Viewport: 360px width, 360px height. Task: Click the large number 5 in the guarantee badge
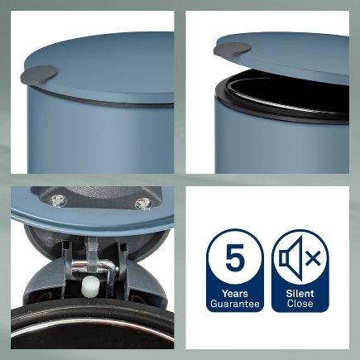point(235,257)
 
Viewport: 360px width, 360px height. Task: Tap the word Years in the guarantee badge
point(235,293)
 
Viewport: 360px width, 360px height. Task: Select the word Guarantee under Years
point(235,304)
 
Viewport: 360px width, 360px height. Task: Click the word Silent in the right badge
point(300,293)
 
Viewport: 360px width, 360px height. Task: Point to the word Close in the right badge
point(300,304)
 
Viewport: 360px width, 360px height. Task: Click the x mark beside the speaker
point(313,259)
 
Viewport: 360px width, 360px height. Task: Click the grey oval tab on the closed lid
point(40,74)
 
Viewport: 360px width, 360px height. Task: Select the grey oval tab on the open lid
point(232,49)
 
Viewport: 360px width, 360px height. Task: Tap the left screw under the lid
point(58,199)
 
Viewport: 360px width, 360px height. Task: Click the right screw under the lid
point(143,204)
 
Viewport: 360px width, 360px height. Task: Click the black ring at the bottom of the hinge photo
point(93,312)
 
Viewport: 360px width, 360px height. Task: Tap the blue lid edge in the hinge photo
point(93,222)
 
